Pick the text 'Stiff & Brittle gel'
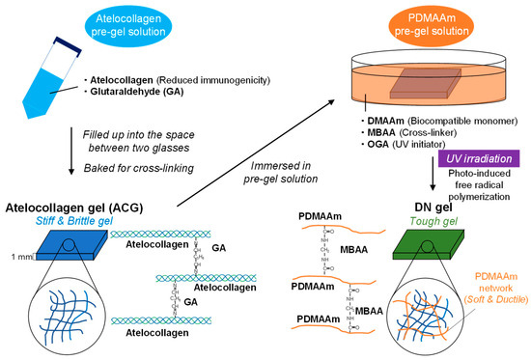(64, 219)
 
